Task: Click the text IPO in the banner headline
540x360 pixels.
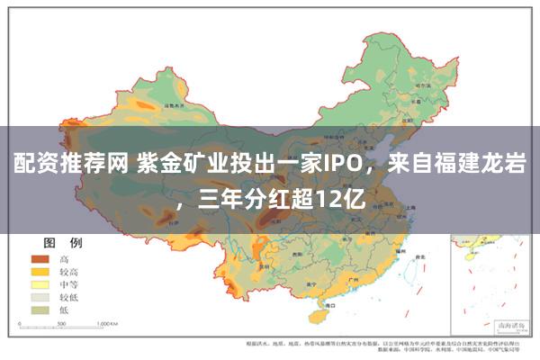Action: coord(345,164)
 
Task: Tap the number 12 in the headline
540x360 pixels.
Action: coord(327,197)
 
